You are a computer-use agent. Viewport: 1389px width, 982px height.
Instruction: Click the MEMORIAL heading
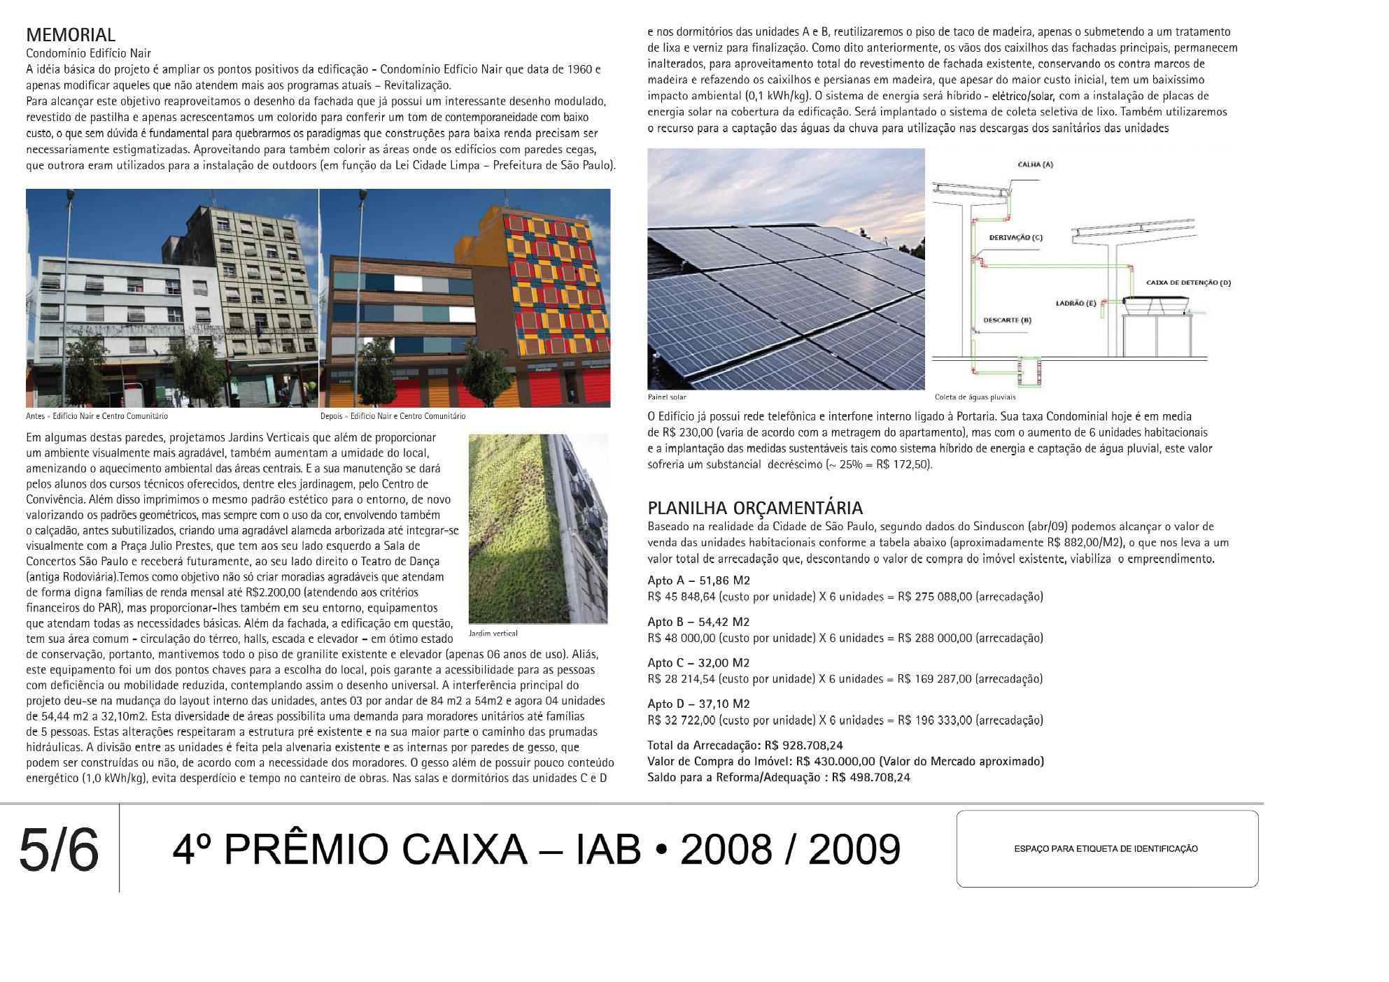[71, 35]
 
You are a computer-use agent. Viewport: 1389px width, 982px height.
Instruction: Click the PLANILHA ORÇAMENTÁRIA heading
[755, 508]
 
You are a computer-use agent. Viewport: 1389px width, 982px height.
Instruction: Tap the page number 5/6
[59, 850]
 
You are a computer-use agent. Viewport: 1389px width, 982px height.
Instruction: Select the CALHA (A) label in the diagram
[1034, 164]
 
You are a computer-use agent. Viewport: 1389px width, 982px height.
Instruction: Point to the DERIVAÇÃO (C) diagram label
[1015, 237]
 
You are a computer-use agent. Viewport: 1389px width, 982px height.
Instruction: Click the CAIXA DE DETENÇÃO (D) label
[1188, 283]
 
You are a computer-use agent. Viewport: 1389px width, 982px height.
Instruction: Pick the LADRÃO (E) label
[1076, 304]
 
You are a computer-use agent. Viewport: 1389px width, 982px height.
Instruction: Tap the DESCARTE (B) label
[1007, 320]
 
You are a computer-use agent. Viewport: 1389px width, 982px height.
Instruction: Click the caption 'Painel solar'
[667, 397]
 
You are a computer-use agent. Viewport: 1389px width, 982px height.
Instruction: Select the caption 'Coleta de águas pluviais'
[975, 397]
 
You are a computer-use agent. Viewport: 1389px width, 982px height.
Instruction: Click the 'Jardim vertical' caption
[493, 634]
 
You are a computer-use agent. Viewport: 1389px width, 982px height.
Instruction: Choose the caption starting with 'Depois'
[393, 416]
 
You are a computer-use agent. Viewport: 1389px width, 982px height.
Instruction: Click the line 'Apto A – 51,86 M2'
[698, 581]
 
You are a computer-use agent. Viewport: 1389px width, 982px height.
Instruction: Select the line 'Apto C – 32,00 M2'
[698, 662]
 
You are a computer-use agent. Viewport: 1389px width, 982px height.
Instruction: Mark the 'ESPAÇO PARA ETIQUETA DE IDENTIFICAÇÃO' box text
[1106, 849]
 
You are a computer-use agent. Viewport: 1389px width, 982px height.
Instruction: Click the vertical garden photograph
[537, 528]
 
